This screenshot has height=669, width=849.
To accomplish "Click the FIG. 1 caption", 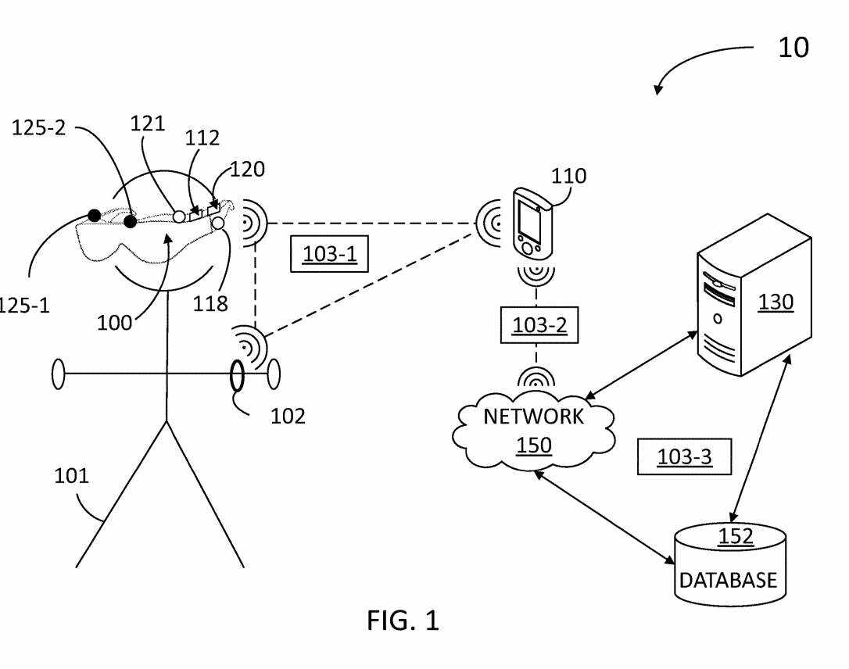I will (403, 621).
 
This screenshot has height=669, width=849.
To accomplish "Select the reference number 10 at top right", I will (793, 48).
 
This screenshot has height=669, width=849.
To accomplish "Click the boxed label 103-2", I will (539, 325).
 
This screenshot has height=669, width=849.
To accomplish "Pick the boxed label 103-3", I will (684, 457).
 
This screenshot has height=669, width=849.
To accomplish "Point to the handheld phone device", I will (529, 222).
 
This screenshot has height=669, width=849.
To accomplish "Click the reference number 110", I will (568, 177).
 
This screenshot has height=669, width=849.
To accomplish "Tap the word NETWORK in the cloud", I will (533, 417).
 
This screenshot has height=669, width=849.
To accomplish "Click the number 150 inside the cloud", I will (534, 445).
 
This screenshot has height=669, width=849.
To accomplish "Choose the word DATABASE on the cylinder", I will (728, 581).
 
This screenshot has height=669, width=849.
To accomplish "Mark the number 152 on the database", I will (736, 537).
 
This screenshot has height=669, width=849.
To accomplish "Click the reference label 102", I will (288, 416).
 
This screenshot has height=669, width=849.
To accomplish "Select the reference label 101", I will (71, 476).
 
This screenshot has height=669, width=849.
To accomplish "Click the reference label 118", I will (210, 303).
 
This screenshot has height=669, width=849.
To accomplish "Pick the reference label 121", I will (149, 123).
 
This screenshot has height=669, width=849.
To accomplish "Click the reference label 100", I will (114, 322).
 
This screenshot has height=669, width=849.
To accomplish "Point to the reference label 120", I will (247, 169).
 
